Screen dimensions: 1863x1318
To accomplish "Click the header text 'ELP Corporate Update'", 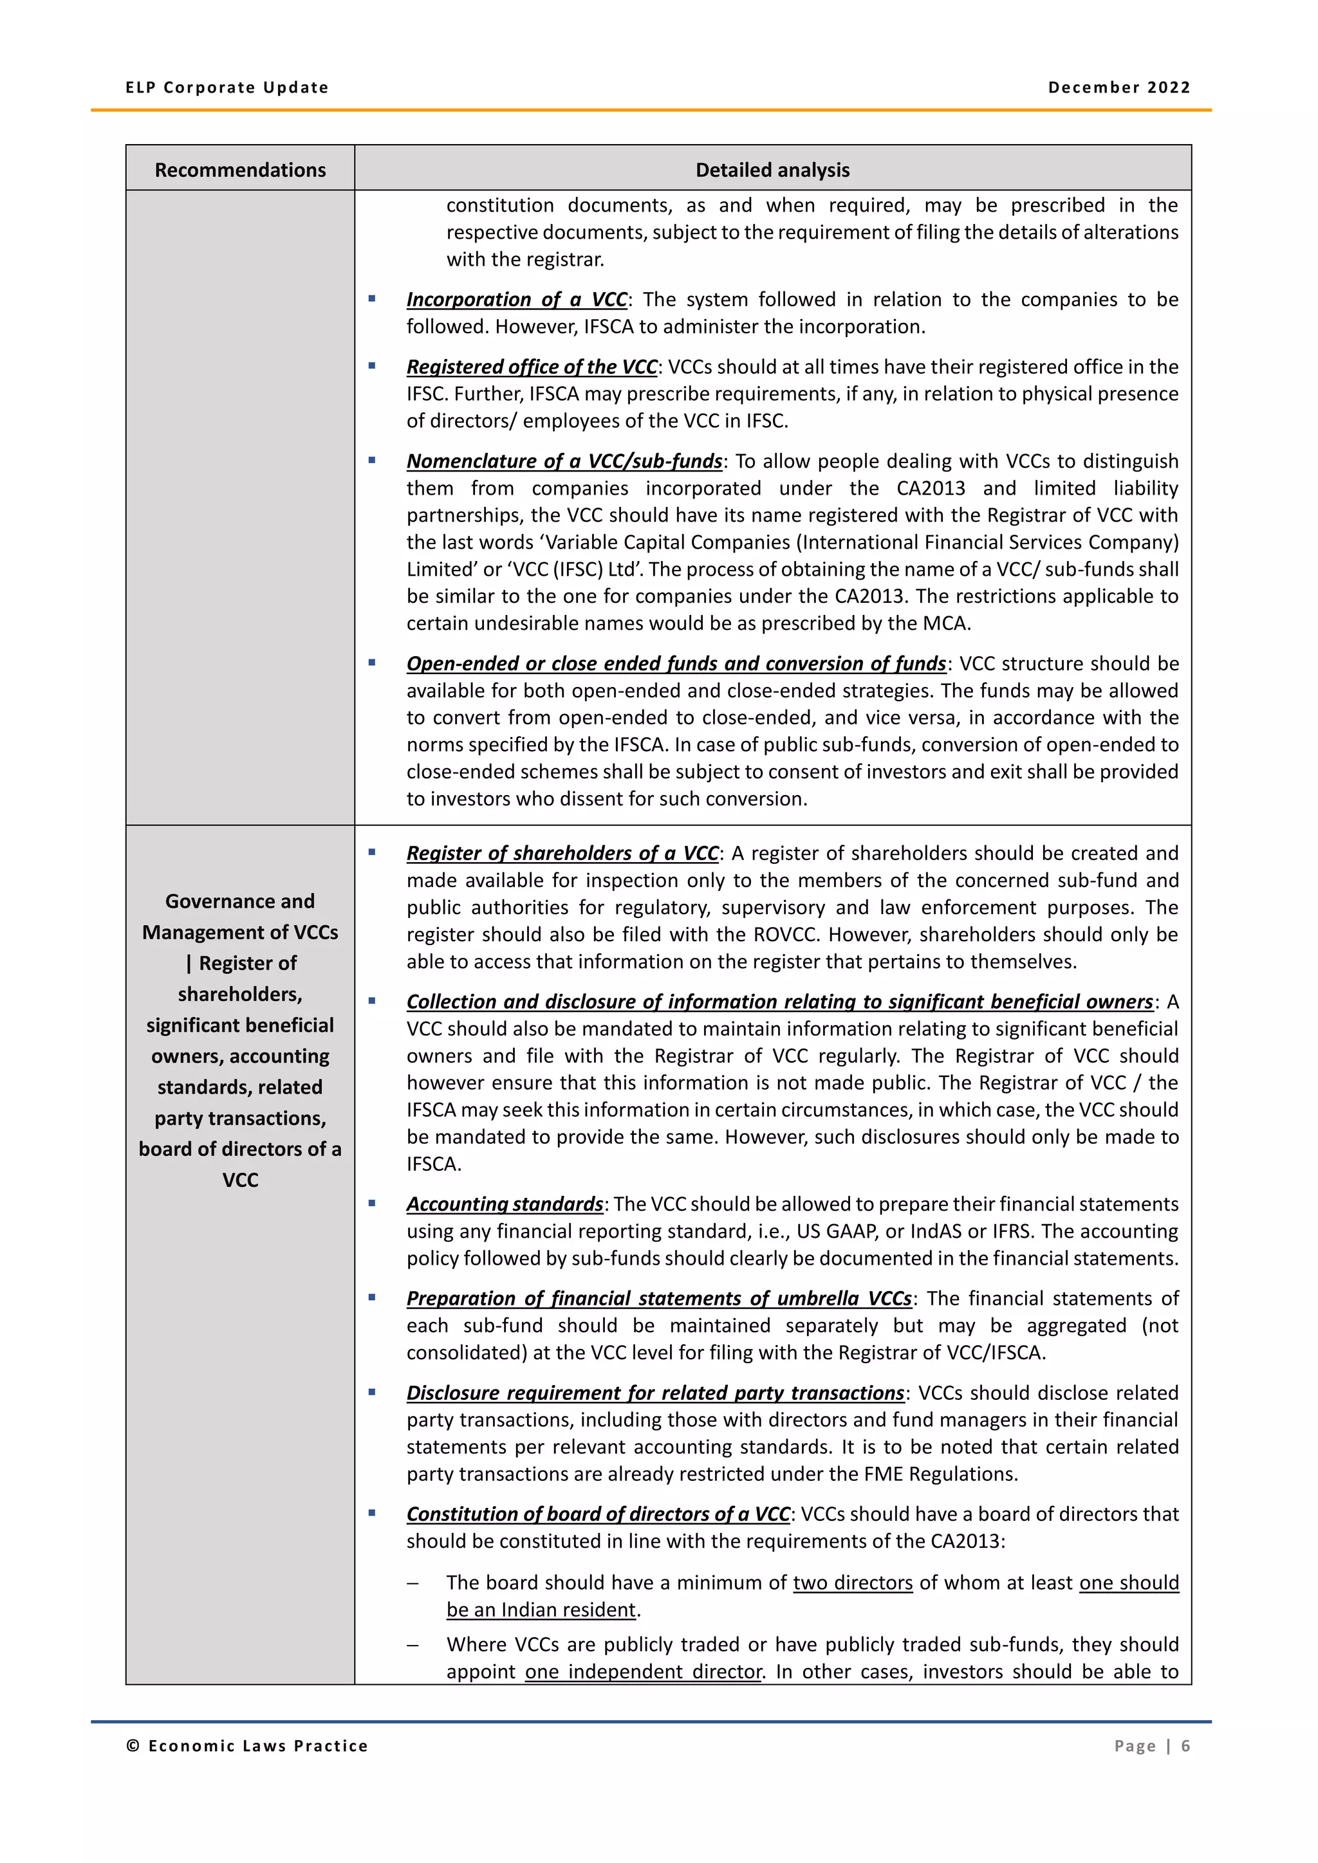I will tap(227, 87).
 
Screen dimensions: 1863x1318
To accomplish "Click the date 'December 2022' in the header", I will tap(1118, 87).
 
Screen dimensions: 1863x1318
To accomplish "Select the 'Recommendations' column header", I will tap(240, 170).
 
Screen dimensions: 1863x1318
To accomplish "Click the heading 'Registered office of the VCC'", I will tap(532, 367).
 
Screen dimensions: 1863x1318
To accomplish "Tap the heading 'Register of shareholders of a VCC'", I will tap(562, 853).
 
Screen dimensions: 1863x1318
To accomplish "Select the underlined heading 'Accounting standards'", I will tap(504, 1204).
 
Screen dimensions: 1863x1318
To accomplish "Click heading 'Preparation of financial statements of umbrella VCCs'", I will tap(658, 1298).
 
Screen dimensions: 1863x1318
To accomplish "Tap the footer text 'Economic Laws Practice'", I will tap(257, 1745).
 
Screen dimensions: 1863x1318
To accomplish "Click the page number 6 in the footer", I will tap(1184, 1745).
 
